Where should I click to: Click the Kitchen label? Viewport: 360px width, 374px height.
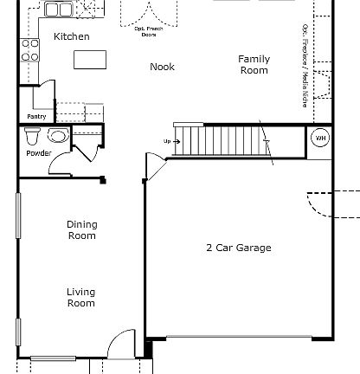point(71,36)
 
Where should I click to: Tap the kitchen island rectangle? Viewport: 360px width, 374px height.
point(88,59)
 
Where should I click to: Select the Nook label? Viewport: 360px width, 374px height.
point(162,67)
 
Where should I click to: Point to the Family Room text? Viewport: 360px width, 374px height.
point(254,65)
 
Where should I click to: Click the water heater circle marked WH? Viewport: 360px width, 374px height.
point(319,139)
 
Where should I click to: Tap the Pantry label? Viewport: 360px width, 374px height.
point(36,116)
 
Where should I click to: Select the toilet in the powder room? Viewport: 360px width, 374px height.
point(33,137)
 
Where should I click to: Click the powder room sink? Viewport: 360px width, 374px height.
point(58,135)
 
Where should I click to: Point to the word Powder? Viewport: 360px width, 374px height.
point(38,153)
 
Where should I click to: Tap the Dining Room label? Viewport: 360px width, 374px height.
point(82,229)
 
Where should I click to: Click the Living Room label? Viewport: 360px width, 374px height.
point(81,298)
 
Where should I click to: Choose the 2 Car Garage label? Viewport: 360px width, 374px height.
point(238,248)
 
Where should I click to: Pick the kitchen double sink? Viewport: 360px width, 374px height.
point(60,10)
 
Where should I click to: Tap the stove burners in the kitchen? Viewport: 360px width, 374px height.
point(30,49)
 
